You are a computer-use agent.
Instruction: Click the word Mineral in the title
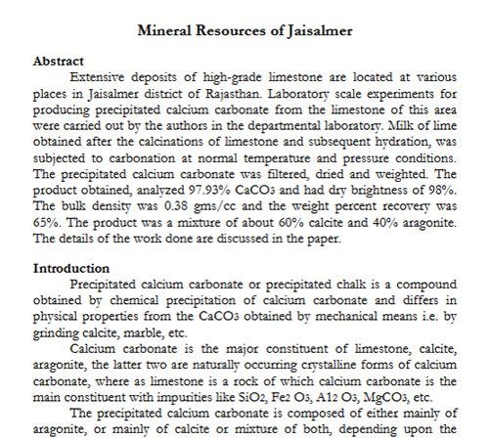pos(169,30)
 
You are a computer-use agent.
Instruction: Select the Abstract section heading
pos(59,61)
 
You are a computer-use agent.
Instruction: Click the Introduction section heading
pos(70,267)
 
